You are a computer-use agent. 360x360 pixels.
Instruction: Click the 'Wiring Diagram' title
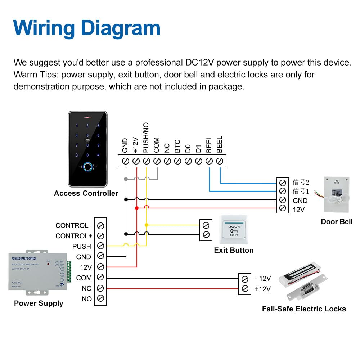tap(87, 28)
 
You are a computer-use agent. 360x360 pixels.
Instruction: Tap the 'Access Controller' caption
tap(86, 193)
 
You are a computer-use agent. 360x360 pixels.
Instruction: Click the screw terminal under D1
tap(198, 161)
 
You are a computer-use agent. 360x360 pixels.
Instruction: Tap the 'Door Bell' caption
tap(337, 222)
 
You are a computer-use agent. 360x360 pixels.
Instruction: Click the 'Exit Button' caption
tap(234, 250)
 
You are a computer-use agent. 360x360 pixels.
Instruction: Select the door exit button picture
tap(234, 230)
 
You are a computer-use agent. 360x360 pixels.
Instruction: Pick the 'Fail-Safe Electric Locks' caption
tap(304, 309)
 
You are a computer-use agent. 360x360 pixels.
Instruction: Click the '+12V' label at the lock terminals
tap(262, 289)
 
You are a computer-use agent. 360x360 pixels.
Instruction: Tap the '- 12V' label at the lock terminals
tap(262, 279)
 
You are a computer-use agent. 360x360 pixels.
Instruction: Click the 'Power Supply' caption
tap(39, 303)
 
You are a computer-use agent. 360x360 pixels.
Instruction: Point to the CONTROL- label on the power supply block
tap(73, 226)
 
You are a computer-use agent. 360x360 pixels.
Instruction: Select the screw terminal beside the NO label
tap(100, 298)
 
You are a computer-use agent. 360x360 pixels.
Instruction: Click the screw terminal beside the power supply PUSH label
tap(100, 246)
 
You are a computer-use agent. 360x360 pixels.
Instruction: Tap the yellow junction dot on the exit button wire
tap(146, 225)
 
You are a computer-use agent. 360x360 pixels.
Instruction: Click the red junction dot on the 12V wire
tap(137, 208)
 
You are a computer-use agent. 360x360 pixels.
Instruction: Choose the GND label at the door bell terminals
tap(300, 201)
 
